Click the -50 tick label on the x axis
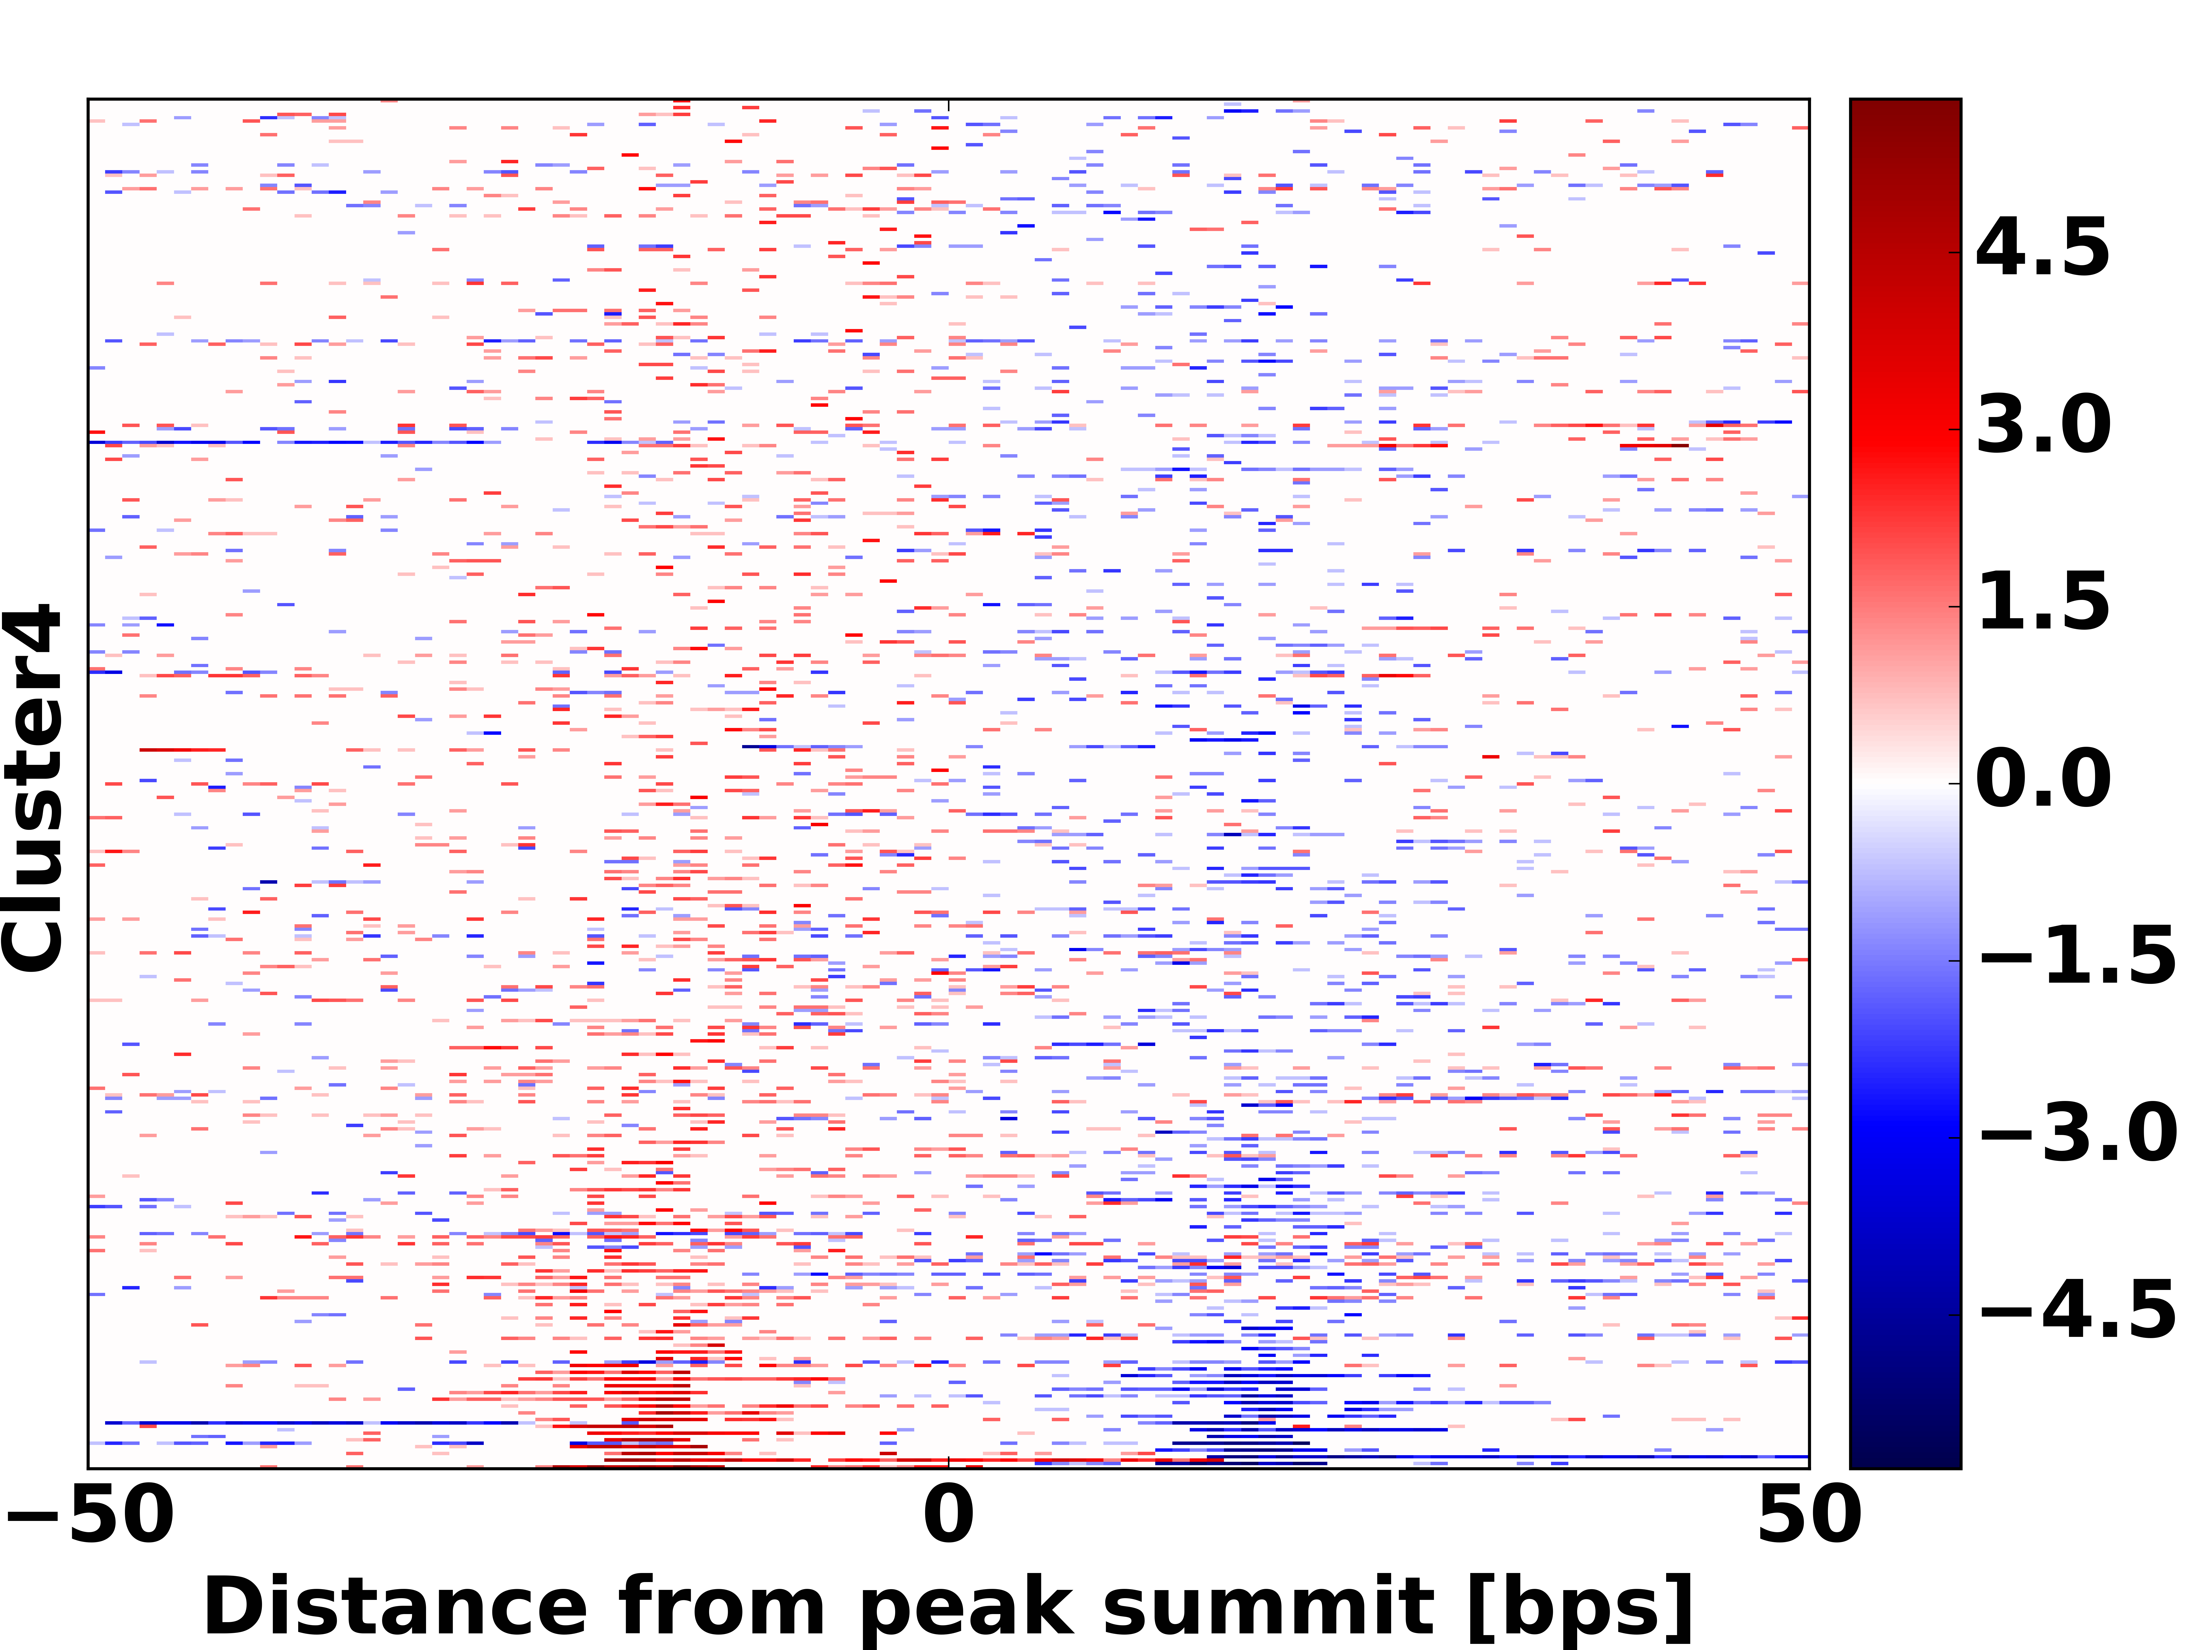click(x=89, y=1516)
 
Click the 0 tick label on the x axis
click(x=949, y=1516)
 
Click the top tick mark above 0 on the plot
click(x=949, y=103)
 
